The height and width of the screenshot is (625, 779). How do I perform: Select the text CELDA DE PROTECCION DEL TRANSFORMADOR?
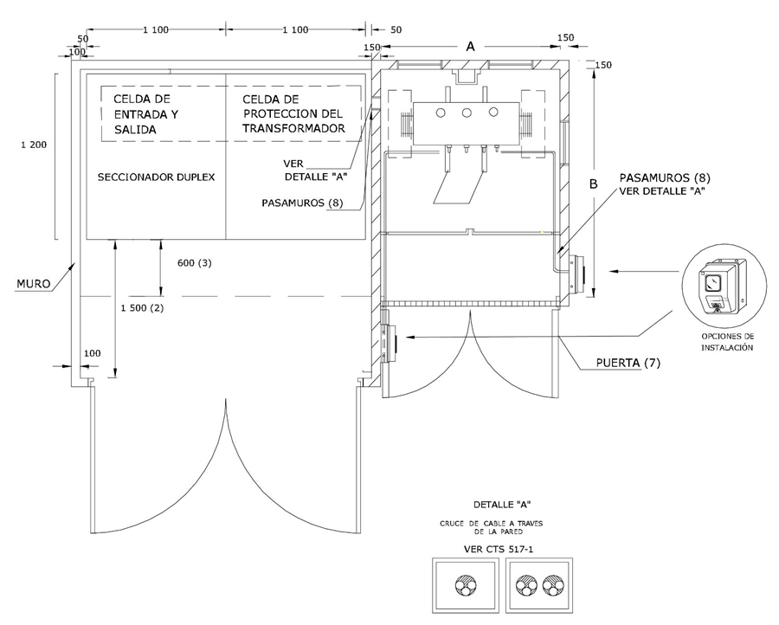click(294, 113)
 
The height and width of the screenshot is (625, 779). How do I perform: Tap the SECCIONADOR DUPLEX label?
click(156, 177)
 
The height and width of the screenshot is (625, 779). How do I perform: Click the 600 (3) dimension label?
click(192, 263)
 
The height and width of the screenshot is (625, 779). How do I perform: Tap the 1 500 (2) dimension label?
click(138, 307)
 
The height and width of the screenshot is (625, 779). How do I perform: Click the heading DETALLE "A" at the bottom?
click(502, 504)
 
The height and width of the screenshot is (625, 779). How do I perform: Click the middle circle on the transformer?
click(467, 113)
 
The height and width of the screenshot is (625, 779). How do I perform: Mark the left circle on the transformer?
click(440, 113)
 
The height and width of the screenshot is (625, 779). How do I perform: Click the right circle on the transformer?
click(493, 113)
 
